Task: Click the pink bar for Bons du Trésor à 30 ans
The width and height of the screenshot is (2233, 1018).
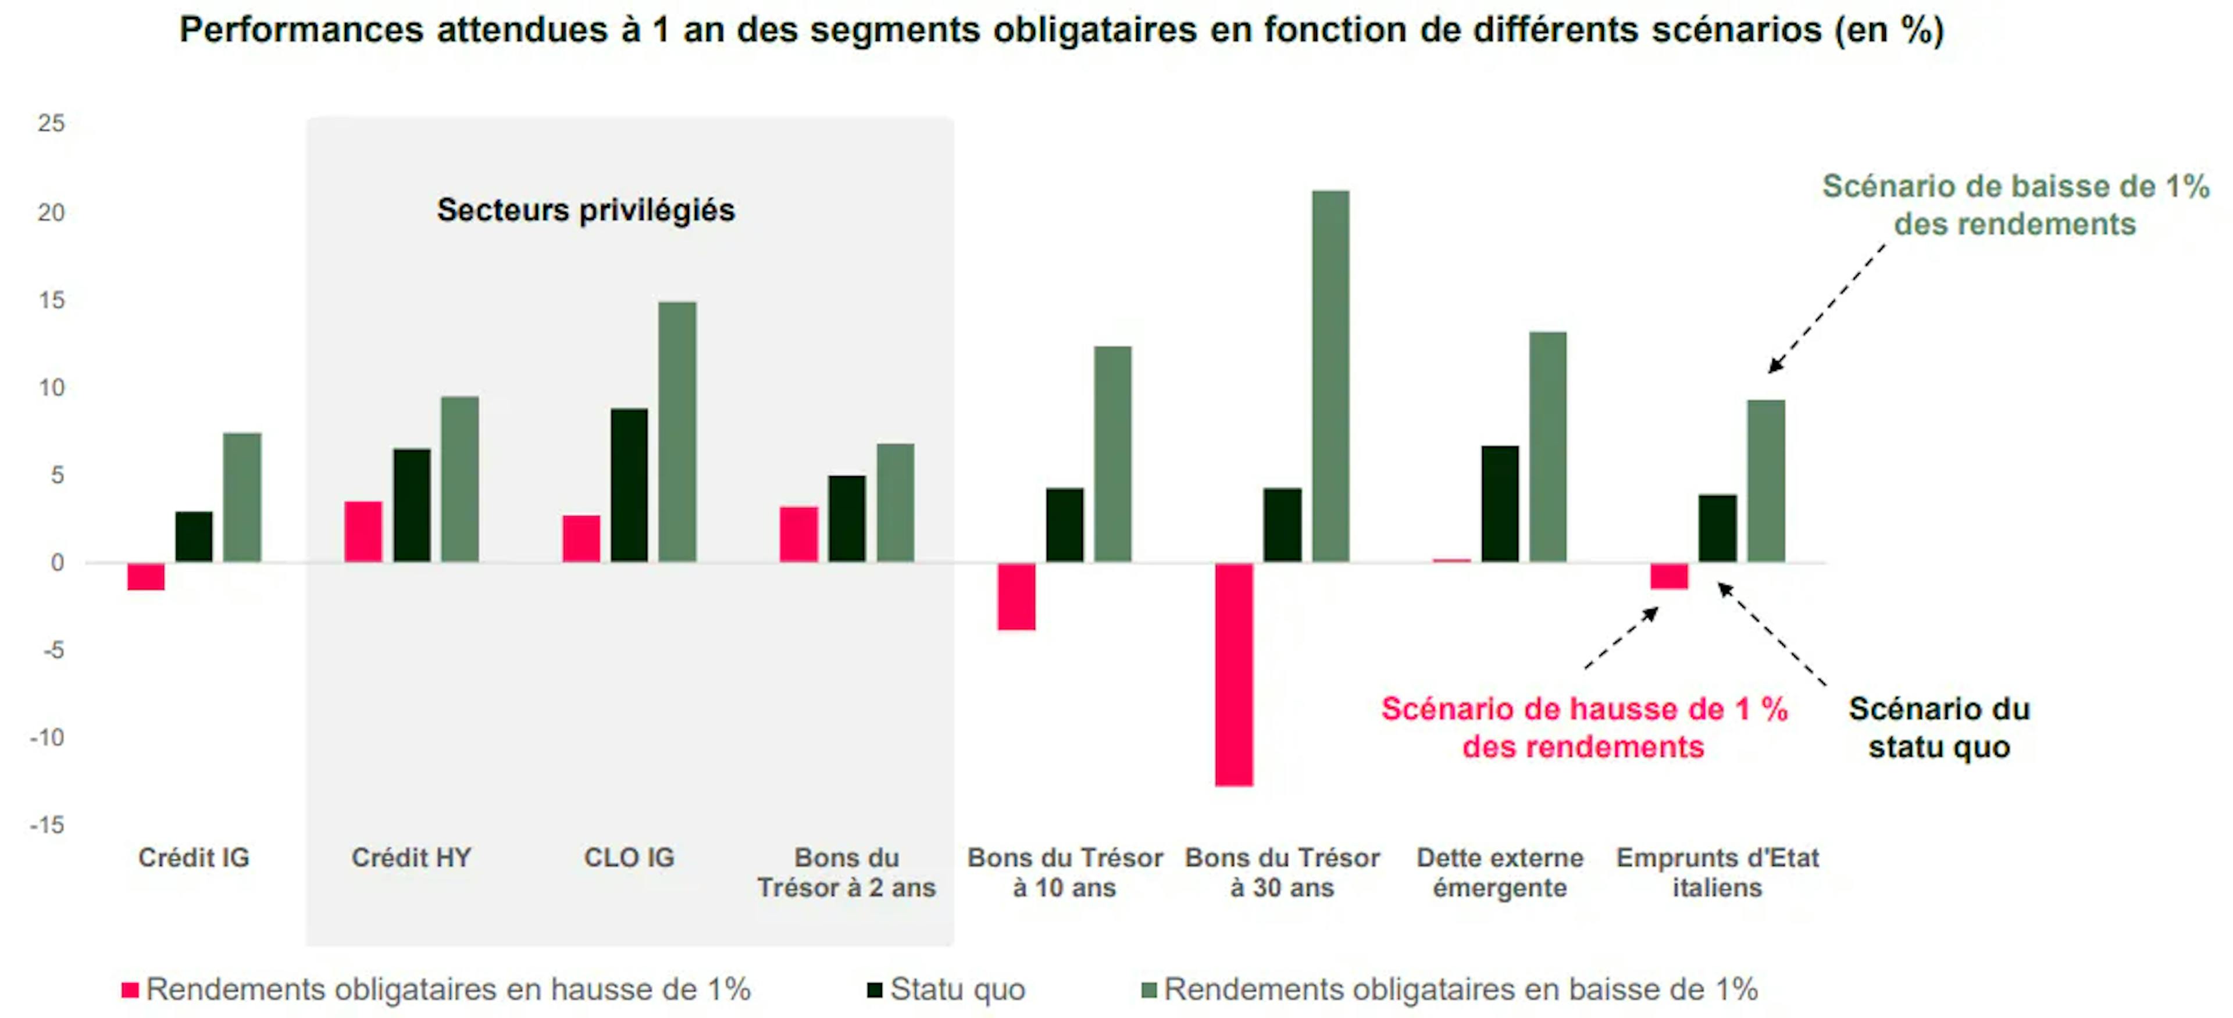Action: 1233,674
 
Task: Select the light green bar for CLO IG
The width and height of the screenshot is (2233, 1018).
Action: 677,431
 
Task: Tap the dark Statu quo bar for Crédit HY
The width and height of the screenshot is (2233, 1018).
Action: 412,505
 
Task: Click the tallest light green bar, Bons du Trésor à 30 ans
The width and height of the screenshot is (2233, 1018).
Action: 1330,376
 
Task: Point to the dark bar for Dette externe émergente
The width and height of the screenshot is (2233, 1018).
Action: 1500,503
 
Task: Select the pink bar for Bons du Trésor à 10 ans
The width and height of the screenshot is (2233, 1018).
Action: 1016,596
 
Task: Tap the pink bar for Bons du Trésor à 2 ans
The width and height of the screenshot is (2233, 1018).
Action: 798,534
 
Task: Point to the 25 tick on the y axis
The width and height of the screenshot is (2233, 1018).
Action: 51,123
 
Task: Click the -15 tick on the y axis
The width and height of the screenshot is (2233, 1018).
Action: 48,825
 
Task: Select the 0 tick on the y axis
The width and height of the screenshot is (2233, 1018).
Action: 57,562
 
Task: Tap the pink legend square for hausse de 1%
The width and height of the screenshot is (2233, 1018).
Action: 130,990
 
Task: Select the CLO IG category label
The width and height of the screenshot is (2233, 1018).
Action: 629,858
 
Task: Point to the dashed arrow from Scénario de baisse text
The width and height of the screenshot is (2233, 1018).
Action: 1827,309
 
